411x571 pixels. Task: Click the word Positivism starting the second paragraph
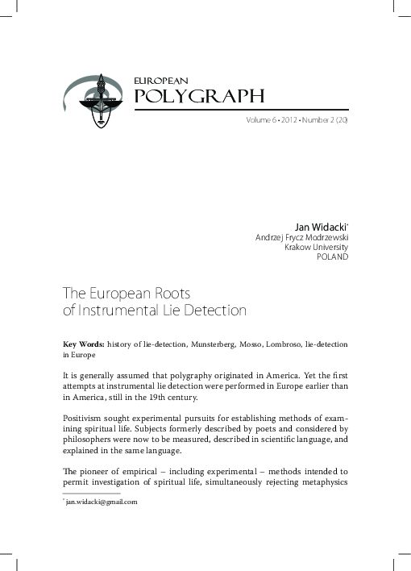[85, 419]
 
